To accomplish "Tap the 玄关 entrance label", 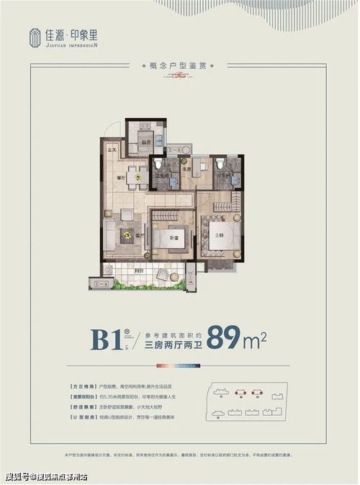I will (112, 150).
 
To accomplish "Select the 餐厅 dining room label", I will (121, 177).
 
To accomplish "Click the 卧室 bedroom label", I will (174, 237).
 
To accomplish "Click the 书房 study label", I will (186, 169).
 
